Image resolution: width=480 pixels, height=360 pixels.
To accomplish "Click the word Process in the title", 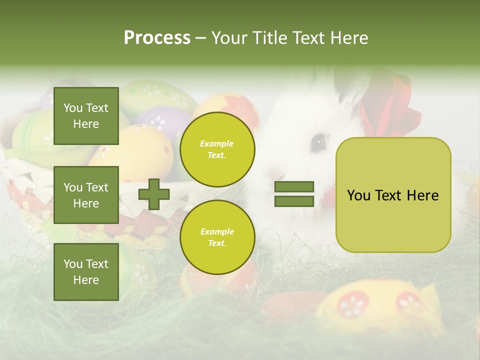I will [x=157, y=38].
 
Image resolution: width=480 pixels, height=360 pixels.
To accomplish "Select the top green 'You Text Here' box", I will [x=86, y=116].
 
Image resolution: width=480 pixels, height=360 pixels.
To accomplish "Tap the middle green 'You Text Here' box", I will [x=86, y=195].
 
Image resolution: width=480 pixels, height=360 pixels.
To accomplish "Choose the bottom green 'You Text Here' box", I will [x=86, y=271].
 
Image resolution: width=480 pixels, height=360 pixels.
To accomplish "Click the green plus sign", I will [x=153, y=194].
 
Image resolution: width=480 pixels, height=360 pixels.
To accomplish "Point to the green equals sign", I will [x=294, y=194].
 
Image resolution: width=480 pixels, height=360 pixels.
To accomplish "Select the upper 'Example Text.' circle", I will [x=217, y=149].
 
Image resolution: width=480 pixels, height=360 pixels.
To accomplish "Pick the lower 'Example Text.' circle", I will [x=217, y=237].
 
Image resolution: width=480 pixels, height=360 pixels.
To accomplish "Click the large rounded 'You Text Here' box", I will [x=393, y=195].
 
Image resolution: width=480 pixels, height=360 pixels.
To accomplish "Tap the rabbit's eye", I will [x=318, y=143].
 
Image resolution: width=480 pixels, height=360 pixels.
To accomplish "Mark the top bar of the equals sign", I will [x=294, y=187].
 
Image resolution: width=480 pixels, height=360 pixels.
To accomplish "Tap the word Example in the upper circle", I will [x=217, y=143].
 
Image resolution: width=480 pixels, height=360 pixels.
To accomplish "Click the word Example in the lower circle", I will [x=217, y=231].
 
